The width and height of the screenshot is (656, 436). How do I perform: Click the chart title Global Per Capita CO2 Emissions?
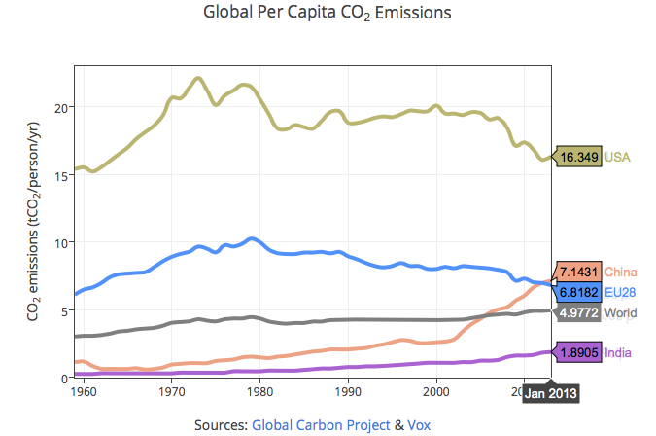(x=328, y=13)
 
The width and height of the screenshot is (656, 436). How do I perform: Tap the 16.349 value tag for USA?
(x=579, y=157)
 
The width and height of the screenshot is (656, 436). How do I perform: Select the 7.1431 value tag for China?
(x=579, y=272)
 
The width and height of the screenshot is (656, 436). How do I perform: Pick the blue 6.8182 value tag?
(x=579, y=292)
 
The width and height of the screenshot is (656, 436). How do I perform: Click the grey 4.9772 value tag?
(x=579, y=312)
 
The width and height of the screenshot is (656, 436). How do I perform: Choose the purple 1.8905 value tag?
(x=579, y=352)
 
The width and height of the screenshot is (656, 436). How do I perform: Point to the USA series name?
(x=617, y=157)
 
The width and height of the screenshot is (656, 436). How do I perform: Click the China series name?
(x=620, y=272)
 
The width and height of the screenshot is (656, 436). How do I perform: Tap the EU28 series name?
(x=620, y=292)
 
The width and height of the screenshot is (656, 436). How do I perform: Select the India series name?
(x=617, y=352)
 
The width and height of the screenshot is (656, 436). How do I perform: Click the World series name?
(x=620, y=312)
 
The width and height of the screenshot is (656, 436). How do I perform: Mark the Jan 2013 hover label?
(x=551, y=393)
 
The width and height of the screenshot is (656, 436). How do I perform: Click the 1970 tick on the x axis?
(x=171, y=391)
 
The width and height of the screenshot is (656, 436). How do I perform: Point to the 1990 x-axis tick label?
(x=348, y=391)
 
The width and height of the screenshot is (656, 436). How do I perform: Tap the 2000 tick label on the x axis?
(x=436, y=391)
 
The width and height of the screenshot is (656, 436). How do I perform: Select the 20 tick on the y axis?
(x=61, y=108)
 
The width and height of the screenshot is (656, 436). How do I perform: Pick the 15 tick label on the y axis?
(x=61, y=175)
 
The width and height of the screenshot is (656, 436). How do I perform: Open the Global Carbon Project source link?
(x=321, y=425)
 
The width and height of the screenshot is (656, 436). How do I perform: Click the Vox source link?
(x=419, y=425)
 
